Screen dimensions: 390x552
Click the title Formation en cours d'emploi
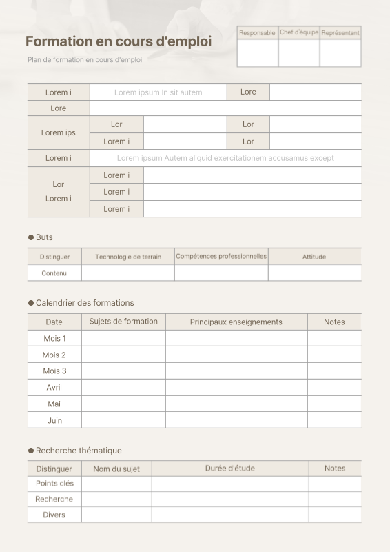click(119, 41)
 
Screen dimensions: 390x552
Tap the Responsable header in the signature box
click(257, 33)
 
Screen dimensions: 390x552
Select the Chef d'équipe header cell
click(299, 32)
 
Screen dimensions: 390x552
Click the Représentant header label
click(340, 33)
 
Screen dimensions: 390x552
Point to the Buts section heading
click(43, 237)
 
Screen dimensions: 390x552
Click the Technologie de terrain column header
click(128, 257)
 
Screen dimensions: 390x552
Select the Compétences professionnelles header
click(221, 256)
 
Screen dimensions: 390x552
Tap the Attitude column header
click(314, 257)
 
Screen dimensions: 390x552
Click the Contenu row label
click(54, 273)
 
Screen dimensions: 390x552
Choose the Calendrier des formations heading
click(84, 303)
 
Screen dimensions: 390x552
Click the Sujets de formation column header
click(123, 322)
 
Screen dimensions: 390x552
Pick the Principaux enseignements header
click(236, 322)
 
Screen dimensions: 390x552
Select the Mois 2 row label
click(54, 355)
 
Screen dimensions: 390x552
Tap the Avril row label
click(54, 387)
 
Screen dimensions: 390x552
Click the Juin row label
click(54, 420)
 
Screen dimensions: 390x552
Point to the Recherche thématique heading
click(78, 451)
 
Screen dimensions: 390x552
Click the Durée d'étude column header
click(230, 469)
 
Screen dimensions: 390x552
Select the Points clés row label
click(54, 484)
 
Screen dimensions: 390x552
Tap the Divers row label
click(54, 515)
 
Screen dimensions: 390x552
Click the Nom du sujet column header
click(116, 469)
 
